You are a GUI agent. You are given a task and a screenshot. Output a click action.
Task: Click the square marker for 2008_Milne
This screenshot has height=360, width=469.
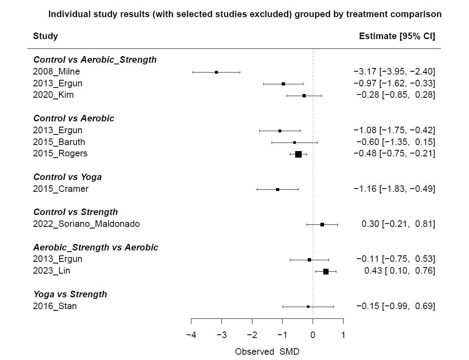pyautogui.click(x=216, y=72)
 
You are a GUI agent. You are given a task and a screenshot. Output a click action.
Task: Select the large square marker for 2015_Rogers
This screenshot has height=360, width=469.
pyautogui.click(x=298, y=154)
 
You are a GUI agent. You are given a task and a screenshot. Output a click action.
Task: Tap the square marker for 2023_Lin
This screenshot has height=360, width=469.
pyautogui.click(x=326, y=271)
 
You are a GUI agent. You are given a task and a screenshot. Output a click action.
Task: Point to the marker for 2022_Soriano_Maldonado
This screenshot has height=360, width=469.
pyautogui.click(x=322, y=224)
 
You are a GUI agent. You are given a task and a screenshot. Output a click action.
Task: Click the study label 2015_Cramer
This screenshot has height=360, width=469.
pyautogui.click(x=61, y=189)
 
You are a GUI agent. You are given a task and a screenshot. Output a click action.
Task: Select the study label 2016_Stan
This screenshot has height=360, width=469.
pyautogui.click(x=55, y=306)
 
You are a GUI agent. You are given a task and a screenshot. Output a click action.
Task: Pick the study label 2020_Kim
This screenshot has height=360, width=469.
pyautogui.click(x=53, y=95)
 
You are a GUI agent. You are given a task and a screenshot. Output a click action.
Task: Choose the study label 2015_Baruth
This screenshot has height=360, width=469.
pyautogui.click(x=59, y=142)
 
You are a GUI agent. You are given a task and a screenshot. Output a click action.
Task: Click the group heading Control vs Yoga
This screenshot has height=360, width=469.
pyautogui.click(x=67, y=177)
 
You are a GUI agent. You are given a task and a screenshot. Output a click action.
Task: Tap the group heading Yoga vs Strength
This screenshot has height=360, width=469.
pyautogui.click(x=70, y=294)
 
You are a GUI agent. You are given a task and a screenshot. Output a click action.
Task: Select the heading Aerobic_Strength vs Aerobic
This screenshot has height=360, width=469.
pyautogui.click(x=96, y=248)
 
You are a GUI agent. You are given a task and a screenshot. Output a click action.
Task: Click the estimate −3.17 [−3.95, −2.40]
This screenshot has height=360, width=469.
pyautogui.click(x=394, y=72)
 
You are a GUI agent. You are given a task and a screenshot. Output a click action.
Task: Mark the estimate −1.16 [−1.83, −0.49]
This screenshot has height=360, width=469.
pyautogui.click(x=394, y=189)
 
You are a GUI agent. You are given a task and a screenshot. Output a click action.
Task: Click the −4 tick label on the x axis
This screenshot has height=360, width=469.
pyautogui.click(x=191, y=335)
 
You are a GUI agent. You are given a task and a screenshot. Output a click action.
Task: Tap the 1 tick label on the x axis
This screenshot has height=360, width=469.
pyautogui.click(x=343, y=335)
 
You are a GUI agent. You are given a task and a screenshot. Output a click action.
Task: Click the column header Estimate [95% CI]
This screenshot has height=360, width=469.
pyautogui.click(x=397, y=36)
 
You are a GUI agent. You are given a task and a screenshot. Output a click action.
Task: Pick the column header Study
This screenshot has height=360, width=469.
pyautogui.click(x=46, y=36)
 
